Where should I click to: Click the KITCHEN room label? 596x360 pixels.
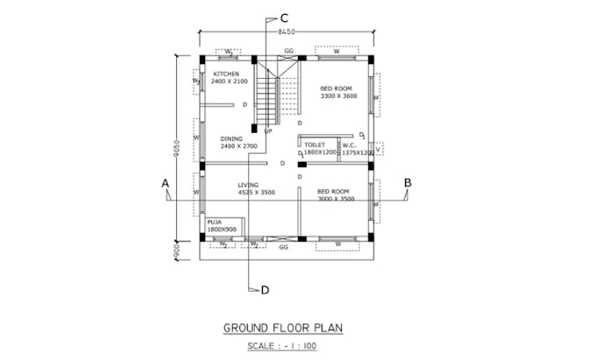click(x=226, y=74)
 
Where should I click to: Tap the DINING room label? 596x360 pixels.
click(x=231, y=138)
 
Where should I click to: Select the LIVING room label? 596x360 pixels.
click(x=249, y=185)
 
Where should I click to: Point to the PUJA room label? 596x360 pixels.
click(x=214, y=222)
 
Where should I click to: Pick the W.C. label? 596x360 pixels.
click(x=348, y=145)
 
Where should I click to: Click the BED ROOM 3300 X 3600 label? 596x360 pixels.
click(x=337, y=88)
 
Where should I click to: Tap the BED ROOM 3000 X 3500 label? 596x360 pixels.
click(x=334, y=190)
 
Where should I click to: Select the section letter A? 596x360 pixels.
click(x=164, y=182)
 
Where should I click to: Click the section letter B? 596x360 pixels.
click(x=407, y=182)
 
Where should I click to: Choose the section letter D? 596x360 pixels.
click(x=264, y=289)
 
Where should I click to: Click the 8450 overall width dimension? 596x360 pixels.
click(x=286, y=32)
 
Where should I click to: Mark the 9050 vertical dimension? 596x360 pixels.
click(x=177, y=146)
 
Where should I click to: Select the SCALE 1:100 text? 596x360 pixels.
click(x=283, y=346)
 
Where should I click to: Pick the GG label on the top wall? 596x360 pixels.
click(x=288, y=51)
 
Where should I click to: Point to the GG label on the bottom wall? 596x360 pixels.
click(x=283, y=247)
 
